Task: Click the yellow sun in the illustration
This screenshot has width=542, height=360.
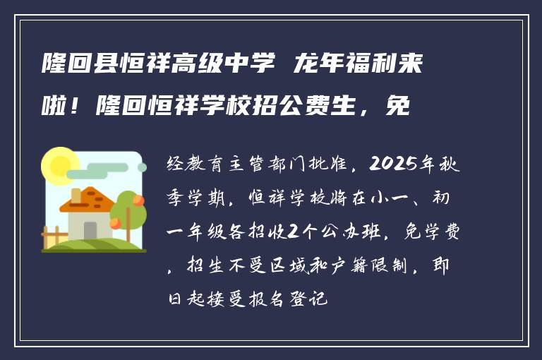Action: coord(60,166)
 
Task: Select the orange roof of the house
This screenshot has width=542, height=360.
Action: coord(88,200)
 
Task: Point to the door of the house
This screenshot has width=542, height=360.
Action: coord(90,230)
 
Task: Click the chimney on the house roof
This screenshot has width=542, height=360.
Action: coord(76,193)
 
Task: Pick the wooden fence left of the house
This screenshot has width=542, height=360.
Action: coord(52,236)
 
